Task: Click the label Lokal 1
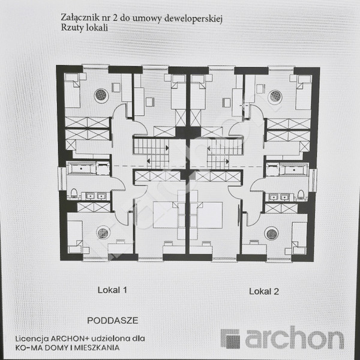coord(112,290)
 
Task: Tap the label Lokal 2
coord(264,292)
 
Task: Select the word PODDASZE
coord(113,320)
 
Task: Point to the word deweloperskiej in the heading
coord(193,19)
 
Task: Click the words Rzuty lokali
coord(84,28)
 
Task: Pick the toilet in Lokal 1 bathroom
coord(74,193)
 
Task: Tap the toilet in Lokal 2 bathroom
coord(301,194)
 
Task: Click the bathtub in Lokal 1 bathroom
coord(81,169)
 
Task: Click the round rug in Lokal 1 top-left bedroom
coord(101,95)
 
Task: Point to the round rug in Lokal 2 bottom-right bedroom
coord(271,233)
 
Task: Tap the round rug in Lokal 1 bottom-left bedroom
coord(103,233)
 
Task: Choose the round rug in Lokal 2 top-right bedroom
coord(275,97)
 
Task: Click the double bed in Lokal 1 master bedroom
coord(166,214)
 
